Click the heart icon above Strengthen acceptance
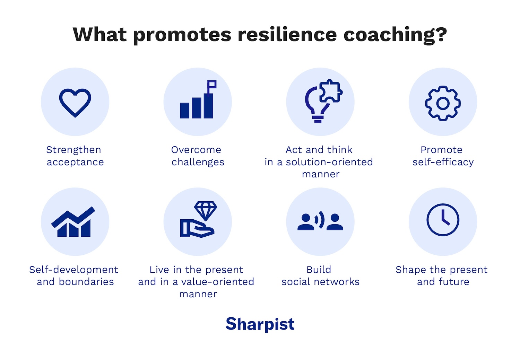click(75, 103)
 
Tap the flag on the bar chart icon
click(212, 85)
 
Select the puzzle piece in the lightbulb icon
click(330, 91)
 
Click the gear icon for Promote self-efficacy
click(443, 103)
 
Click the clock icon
click(443, 220)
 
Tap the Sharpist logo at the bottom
click(260, 324)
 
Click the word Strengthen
click(73, 150)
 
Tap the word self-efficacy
click(443, 162)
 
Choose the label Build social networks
click(320, 276)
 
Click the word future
click(453, 282)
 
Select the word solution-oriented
click(329, 162)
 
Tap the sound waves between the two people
click(320, 220)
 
